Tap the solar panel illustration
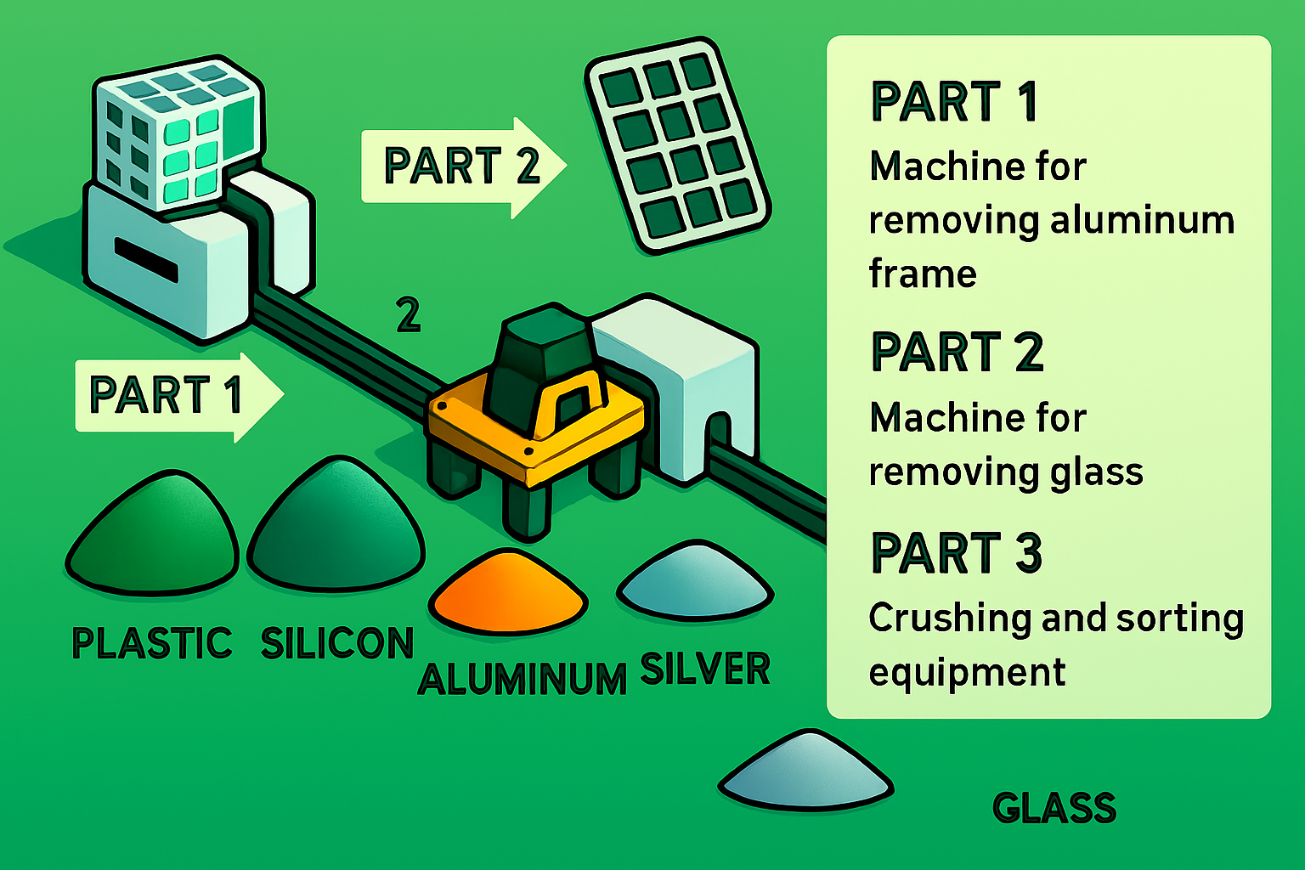(x=677, y=144)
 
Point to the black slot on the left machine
(x=146, y=259)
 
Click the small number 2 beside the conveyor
(x=409, y=316)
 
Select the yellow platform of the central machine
(x=535, y=433)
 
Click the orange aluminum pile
(x=508, y=591)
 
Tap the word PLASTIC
(x=152, y=643)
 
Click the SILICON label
(x=336, y=643)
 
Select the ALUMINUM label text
(x=523, y=680)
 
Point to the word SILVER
(x=705, y=669)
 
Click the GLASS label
(x=1054, y=808)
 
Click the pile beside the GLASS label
(x=805, y=770)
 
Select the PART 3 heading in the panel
(x=957, y=553)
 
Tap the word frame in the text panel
(x=923, y=274)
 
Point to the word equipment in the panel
(x=967, y=673)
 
